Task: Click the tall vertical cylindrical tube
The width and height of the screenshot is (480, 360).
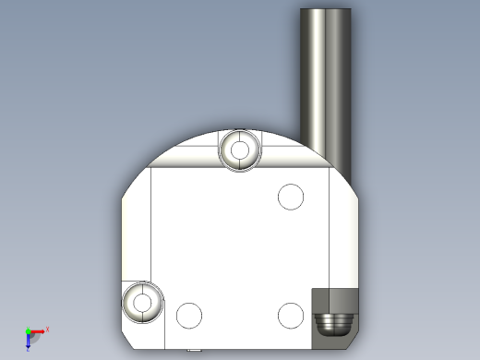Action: [x=326, y=83]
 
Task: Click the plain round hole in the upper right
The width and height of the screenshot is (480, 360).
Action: [x=291, y=197]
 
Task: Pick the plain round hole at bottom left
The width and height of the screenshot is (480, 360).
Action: [x=189, y=316]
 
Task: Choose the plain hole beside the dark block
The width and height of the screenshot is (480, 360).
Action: [x=291, y=316]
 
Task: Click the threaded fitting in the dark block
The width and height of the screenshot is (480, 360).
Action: [x=332, y=323]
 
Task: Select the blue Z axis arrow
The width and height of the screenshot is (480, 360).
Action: [x=29, y=342]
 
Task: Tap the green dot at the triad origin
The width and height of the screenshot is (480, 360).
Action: [x=28, y=331]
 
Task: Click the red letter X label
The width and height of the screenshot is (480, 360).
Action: [x=47, y=329]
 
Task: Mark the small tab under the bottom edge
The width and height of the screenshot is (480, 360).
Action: [x=193, y=351]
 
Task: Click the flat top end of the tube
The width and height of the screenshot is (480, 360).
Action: [x=326, y=10]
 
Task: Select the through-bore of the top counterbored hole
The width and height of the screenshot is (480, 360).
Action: [x=241, y=149]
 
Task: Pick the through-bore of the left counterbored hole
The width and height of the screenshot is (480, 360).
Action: [x=142, y=302]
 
